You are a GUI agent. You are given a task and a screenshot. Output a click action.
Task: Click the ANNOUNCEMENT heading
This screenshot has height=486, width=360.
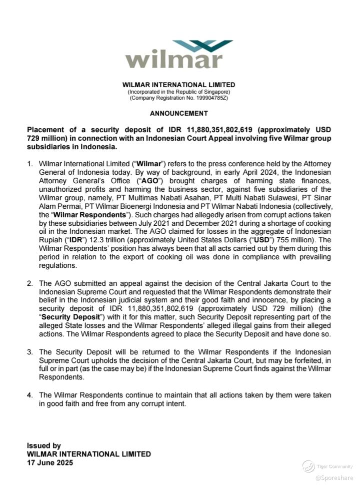(x=178, y=114)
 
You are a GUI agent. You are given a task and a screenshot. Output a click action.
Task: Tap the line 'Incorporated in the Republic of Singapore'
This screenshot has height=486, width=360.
(x=178, y=92)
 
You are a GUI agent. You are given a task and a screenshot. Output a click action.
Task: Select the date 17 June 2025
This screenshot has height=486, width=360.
(x=50, y=463)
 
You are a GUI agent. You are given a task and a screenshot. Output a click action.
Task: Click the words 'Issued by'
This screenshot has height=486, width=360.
(x=44, y=445)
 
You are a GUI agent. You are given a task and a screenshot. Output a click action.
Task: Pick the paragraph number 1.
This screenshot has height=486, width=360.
(x=30, y=164)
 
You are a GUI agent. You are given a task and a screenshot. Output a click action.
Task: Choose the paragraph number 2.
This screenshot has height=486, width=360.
(x=30, y=283)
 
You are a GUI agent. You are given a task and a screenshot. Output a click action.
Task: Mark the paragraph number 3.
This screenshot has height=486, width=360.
(x=30, y=352)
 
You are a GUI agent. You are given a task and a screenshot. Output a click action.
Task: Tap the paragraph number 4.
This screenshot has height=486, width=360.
(x=30, y=395)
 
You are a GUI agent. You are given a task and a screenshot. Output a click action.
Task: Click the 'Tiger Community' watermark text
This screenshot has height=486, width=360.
(x=334, y=466)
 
